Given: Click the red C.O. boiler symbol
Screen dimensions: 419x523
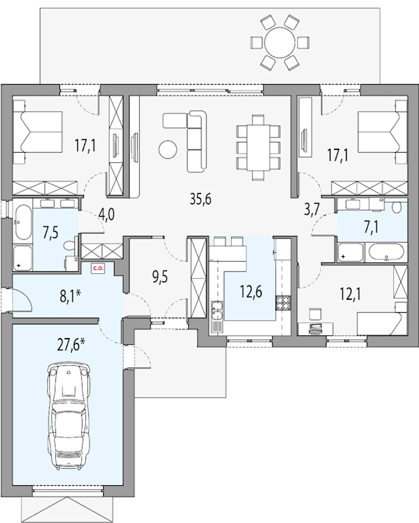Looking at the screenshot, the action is point(98,269).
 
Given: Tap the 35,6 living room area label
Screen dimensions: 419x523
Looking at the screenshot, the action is point(201,199).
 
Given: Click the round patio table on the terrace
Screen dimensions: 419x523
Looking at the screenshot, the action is point(280,43).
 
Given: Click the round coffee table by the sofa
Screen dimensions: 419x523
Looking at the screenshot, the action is point(168,150).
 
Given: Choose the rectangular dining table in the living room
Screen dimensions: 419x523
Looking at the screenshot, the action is point(259,148).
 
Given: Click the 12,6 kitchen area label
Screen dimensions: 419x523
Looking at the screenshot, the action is point(251,292).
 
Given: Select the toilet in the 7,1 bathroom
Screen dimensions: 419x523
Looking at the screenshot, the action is point(396,208).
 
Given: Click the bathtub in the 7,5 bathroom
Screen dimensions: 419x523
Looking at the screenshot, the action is point(23,222).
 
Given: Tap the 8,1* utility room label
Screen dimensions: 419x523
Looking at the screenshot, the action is point(70,297).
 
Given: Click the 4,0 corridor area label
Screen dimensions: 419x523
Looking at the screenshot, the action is point(107,215).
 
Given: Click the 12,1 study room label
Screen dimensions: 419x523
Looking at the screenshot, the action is point(350,294).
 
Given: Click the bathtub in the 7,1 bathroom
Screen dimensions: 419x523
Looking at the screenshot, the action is point(387,252).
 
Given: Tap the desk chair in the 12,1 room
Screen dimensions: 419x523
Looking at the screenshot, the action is point(315,314).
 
